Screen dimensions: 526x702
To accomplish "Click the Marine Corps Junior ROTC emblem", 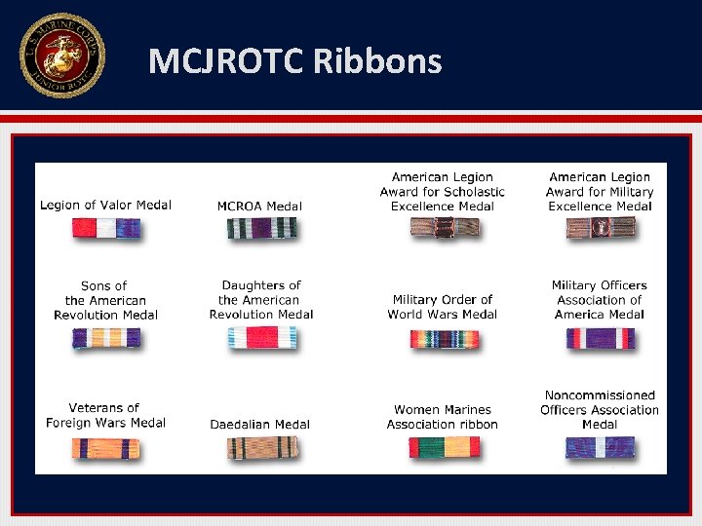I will click(x=61, y=56).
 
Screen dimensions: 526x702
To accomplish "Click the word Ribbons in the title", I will click(x=377, y=62).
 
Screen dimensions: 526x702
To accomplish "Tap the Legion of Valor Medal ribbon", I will click(x=105, y=229).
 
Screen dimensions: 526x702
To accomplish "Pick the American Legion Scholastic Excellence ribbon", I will click(x=445, y=228).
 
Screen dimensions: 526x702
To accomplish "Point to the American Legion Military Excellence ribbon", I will click(x=600, y=228).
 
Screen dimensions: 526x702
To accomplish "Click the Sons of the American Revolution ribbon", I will click(x=105, y=338).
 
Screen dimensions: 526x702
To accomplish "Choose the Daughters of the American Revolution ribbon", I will click(x=261, y=338).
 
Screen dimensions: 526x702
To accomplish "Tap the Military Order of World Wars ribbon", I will click(x=445, y=339).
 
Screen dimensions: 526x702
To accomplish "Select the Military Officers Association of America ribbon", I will click(x=600, y=338).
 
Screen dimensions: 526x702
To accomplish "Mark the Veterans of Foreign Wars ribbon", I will click(x=105, y=448).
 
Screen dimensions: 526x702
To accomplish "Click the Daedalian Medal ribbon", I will click(x=261, y=448).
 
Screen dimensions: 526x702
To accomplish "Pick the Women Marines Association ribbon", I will click(x=445, y=447).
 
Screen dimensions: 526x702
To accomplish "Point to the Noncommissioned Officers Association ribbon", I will click(x=600, y=447).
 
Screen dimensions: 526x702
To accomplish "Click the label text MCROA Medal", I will click(x=259, y=206).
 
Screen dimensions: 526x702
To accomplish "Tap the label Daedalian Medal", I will click(x=260, y=424).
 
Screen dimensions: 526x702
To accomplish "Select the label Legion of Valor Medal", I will click(x=105, y=205).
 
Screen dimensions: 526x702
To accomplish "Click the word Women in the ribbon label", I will click(x=416, y=410).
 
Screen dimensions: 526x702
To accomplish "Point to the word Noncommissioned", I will click(x=600, y=395).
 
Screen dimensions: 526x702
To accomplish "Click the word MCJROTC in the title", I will click(x=227, y=62).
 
